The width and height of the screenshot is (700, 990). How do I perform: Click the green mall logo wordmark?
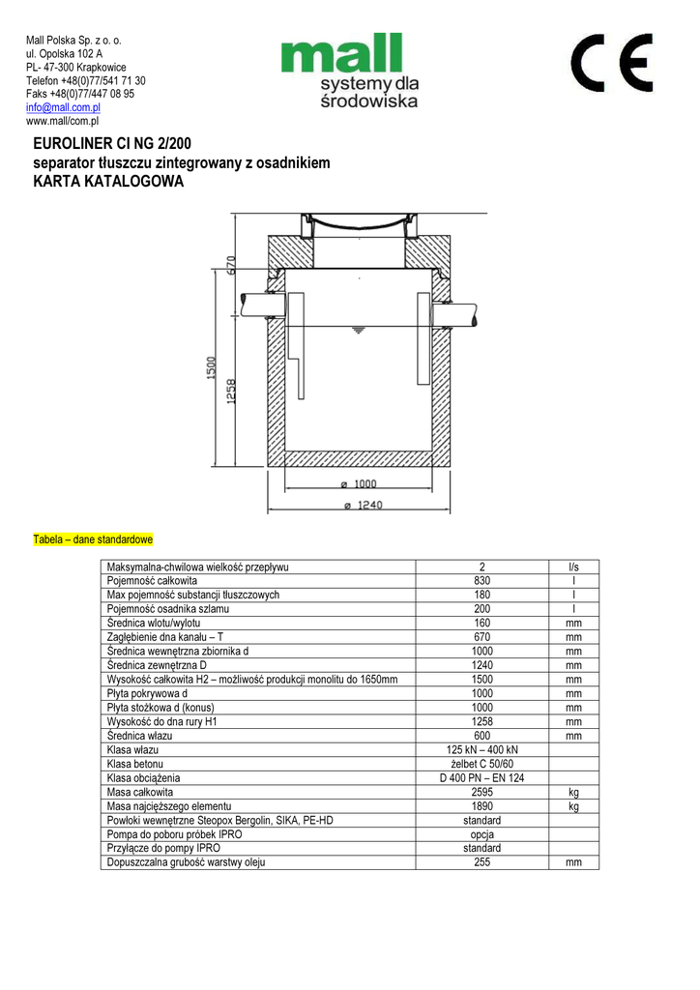tap(341, 54)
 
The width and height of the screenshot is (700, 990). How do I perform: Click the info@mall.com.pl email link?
tap(63, 108)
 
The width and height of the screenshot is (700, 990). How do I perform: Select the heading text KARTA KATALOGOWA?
tap(107, 182)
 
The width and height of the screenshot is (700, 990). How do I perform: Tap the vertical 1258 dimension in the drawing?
tap(232, 393)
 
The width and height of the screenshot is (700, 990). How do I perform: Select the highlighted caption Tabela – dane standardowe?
tap(93, 539)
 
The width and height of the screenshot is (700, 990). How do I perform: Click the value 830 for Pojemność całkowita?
tap(481, 580)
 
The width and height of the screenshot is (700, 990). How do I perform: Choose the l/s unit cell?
tap(573, 567)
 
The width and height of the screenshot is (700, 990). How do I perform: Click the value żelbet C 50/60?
tap(481, 764)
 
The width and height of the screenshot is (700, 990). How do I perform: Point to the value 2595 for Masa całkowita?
tap(481, 792)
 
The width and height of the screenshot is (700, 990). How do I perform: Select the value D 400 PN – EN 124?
tap(481, 777)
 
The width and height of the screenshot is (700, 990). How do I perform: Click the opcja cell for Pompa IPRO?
tap(481, 833)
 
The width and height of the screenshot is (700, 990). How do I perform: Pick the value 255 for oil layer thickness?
tap(481, 861)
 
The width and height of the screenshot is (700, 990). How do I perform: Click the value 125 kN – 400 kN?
tap(481, 750)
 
